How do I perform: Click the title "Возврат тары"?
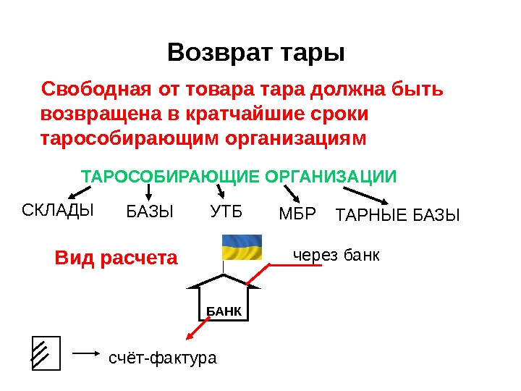256,53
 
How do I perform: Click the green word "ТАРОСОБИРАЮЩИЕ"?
170,177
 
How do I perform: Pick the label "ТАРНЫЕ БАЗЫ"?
399,214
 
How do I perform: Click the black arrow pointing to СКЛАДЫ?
79,193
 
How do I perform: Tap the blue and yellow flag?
242,247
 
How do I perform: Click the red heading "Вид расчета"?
117,258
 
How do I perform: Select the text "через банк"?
336,256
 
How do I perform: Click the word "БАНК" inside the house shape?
222,311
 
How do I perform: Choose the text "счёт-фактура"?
162,358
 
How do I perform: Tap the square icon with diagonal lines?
46,353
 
